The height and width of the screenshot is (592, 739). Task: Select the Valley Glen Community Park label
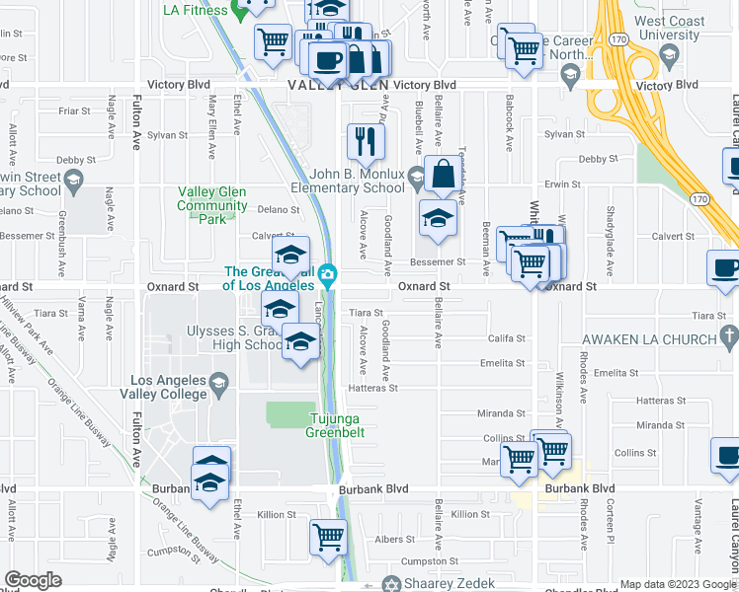click(x=211, y=198)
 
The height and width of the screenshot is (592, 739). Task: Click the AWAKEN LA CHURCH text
click(x=647, y=338)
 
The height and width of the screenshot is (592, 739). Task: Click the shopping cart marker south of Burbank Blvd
click(x=327, y=538)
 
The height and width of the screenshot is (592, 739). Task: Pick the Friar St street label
click(x=75, y=111)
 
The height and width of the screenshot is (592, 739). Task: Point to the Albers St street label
click(x=394, y=540)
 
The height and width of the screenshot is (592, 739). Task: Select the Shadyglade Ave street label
click(x=611, y=227)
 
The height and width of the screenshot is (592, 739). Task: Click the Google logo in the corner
click(x=33, y=580)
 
